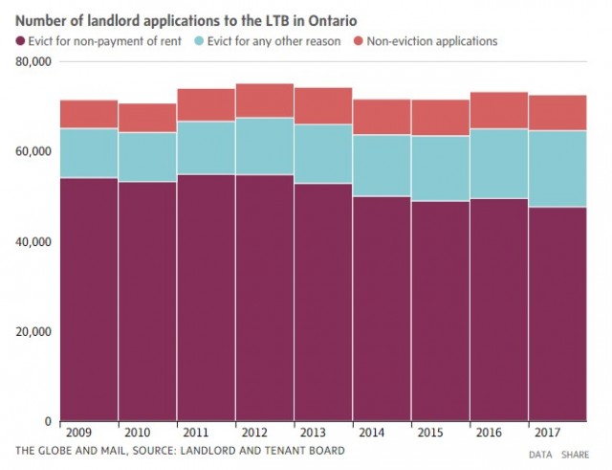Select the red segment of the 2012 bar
tap(265, 101)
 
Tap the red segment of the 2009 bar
tap(88, 114)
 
